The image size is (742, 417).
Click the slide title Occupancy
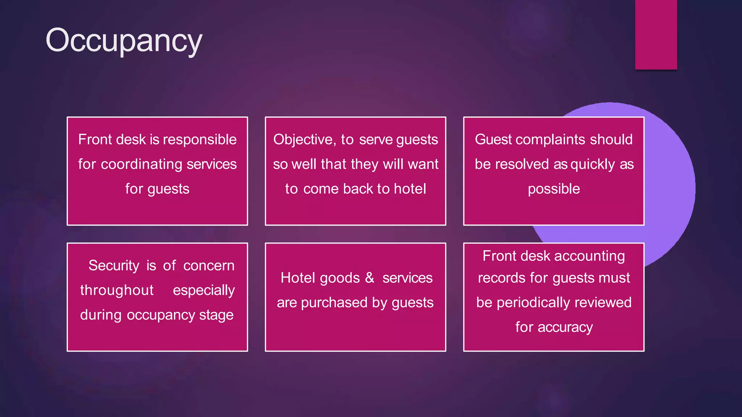tap(124, 41)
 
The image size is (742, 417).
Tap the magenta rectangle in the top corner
tap(656, 35)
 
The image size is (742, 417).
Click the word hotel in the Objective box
tap(410, 189)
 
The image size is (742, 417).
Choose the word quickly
tap(592, 164)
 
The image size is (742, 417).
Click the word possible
tap(554, 189)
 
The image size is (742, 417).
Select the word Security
tap(114, 266)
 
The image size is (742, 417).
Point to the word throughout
tap(117, 290)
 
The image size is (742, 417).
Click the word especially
tap(204, 290)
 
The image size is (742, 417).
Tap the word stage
tap(216, 315)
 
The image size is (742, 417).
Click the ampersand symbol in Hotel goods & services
tap(370, 278)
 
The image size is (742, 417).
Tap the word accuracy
tap(565, 327)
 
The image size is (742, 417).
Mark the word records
tap(501, 278)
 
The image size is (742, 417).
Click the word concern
tap(209, 266)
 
